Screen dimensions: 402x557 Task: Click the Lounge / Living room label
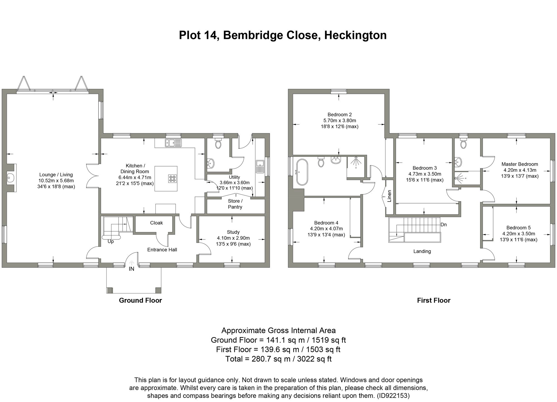click(x=56, y=175)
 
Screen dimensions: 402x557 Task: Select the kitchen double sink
click(x=173, y=143)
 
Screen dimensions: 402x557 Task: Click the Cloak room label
click(x=156, y=223)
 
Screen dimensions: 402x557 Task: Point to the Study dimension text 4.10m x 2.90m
click(x=233, y=238)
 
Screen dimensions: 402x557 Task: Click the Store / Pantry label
click(x=235, y=204)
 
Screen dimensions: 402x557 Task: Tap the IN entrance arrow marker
click(x=131, y=263)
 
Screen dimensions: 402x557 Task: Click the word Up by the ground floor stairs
click(x=111, y=242)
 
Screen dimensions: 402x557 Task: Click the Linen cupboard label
click(x=389, y=196)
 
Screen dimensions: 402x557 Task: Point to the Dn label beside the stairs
click(x=444, y=224)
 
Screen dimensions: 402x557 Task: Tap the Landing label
click(x=422, y=251)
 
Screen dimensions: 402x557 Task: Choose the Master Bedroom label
click(x=520, y=164)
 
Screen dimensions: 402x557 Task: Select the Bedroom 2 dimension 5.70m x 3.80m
click(x=339, y=121)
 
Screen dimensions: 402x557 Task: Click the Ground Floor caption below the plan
click(x=140, y=300)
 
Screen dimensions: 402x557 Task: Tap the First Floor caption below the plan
click(x=434, y=300)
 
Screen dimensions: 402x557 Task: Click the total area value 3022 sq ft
click(x=315, y=359)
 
